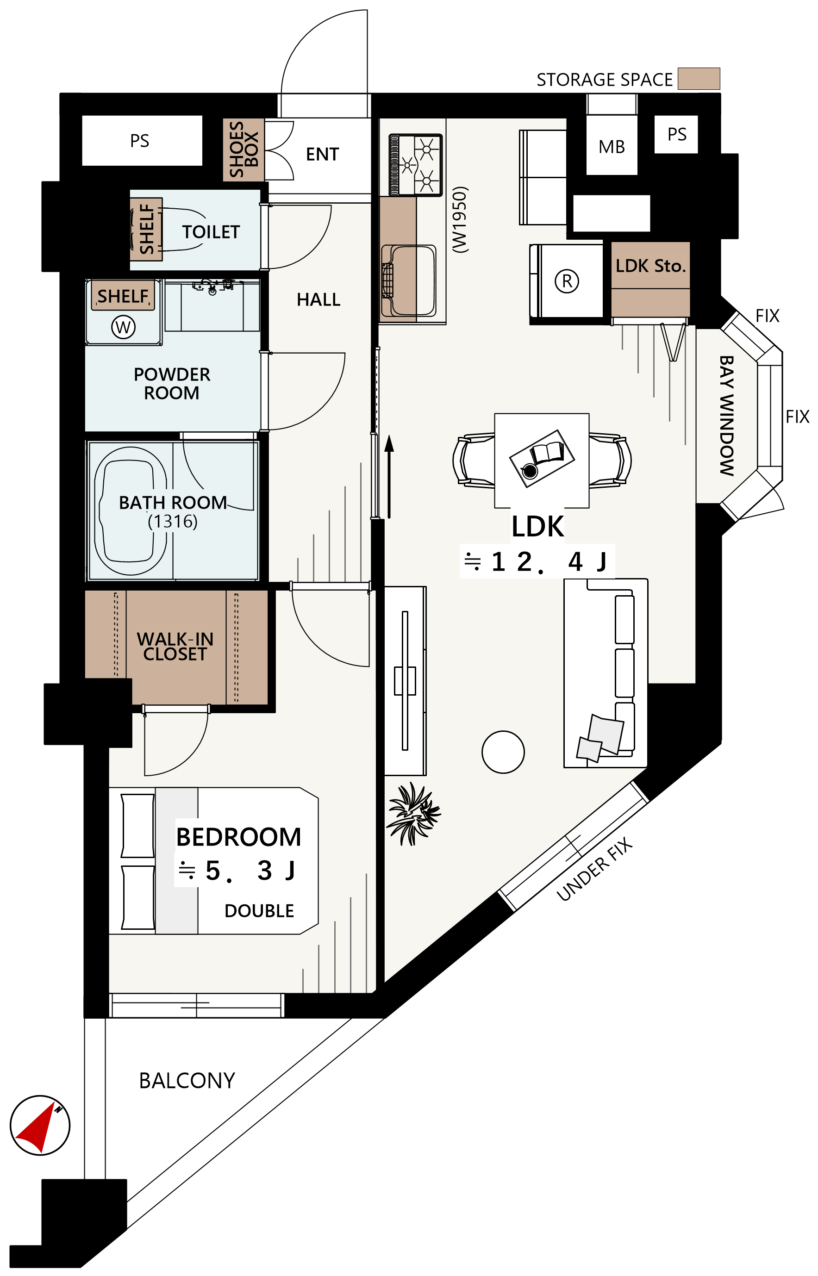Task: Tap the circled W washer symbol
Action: point(123,327)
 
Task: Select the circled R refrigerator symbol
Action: point(567,281)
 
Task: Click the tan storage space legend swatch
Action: point(699,79)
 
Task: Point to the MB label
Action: point(612,147)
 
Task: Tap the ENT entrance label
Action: point(322,155)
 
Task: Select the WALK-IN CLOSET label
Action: point(175,647)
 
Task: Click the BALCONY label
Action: point(187,1081)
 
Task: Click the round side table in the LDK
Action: point(503,752)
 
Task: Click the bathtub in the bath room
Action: point(131,511)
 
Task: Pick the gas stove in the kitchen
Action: point(415,165)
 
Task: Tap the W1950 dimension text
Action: point(460,220)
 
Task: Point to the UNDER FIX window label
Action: point(594,869)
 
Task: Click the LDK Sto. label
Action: point(651,266)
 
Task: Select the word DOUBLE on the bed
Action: point(259,911)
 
